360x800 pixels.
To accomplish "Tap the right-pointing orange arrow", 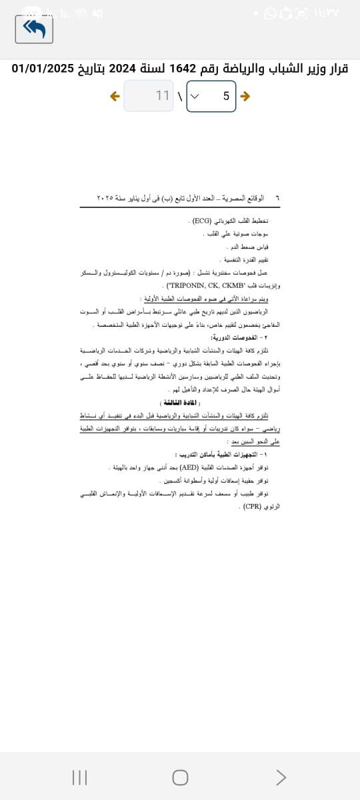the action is (245, 95).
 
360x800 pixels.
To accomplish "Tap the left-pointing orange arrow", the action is (115, 95).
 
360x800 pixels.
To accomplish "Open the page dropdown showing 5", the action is (211, 96).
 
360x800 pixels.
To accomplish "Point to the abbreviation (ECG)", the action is (202, 219).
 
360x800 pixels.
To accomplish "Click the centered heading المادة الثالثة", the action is (181, 401).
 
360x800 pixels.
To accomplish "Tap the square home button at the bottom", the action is (180, 777).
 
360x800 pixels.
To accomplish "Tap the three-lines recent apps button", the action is (79, 777).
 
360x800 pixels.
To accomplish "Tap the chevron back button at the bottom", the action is (281, 777).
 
